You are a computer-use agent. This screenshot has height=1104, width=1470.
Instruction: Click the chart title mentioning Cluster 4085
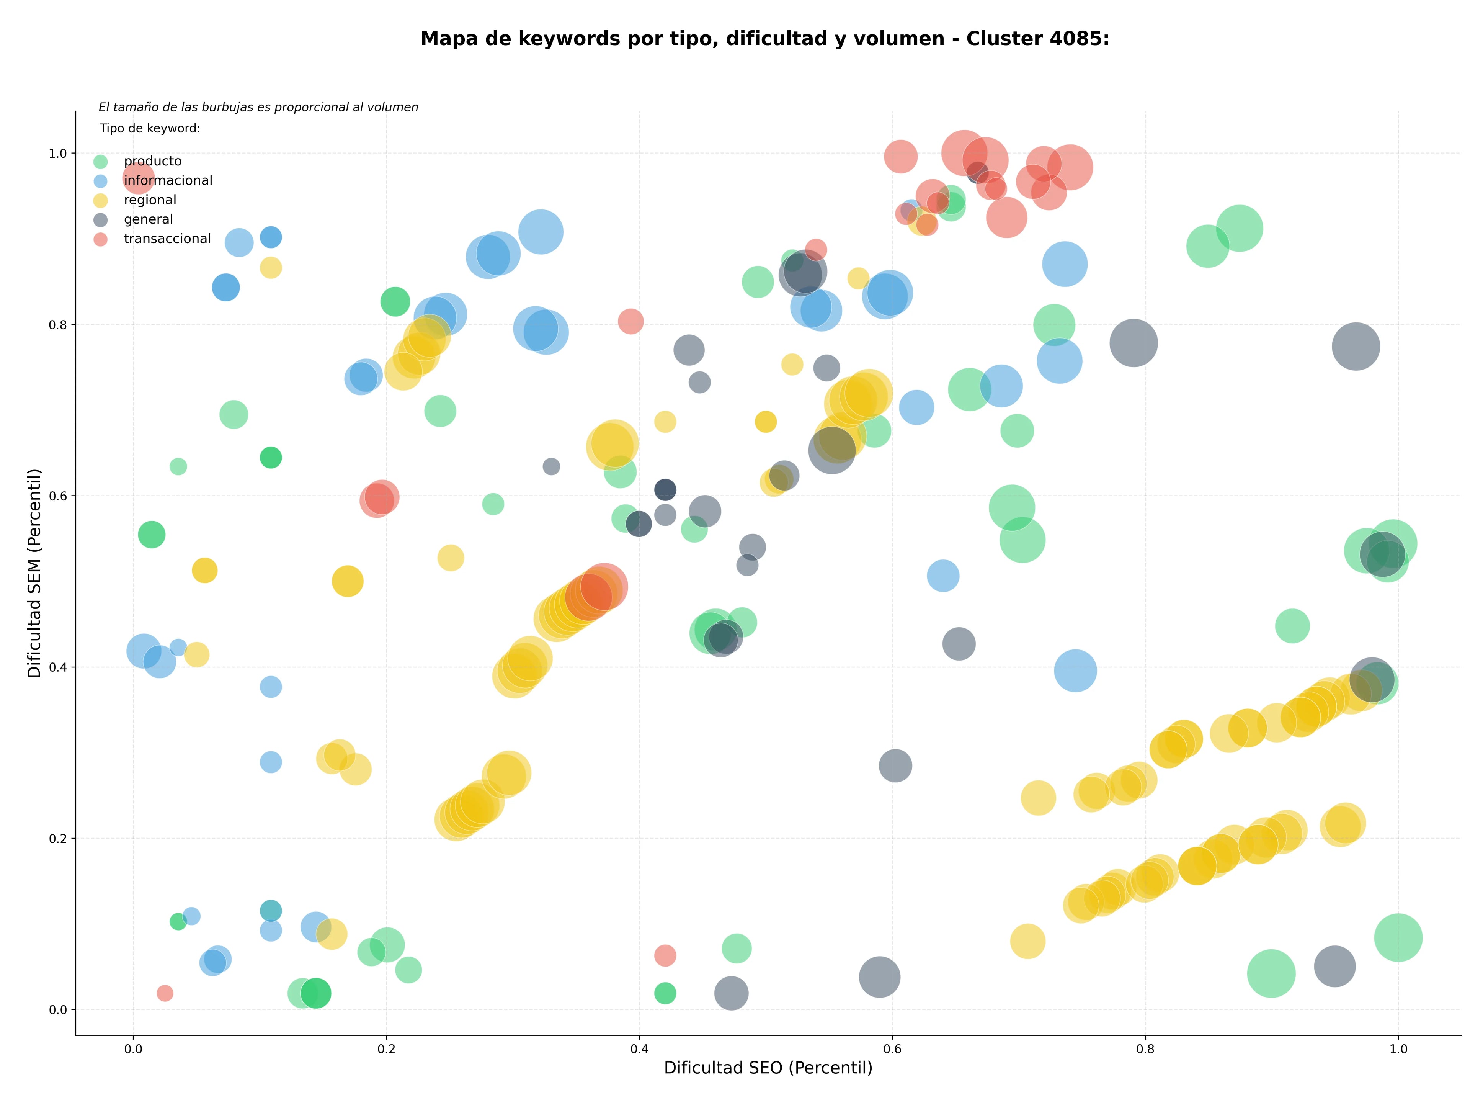coord(765,39)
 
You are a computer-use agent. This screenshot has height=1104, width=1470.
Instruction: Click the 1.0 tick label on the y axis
coord(59,154)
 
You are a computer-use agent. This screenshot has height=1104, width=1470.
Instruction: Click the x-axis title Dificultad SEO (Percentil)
coord(768,1068)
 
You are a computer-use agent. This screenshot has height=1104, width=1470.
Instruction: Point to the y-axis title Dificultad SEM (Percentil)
coord(34,573)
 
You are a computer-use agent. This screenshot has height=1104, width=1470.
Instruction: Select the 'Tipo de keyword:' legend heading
coord(150,128)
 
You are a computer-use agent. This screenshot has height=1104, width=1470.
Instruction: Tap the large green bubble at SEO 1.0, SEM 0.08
coord(1398,938)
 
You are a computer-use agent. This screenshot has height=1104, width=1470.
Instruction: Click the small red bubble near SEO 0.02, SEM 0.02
coord(165,993)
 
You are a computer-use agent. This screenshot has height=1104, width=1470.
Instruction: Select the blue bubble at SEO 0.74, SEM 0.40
coord(1075,671)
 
